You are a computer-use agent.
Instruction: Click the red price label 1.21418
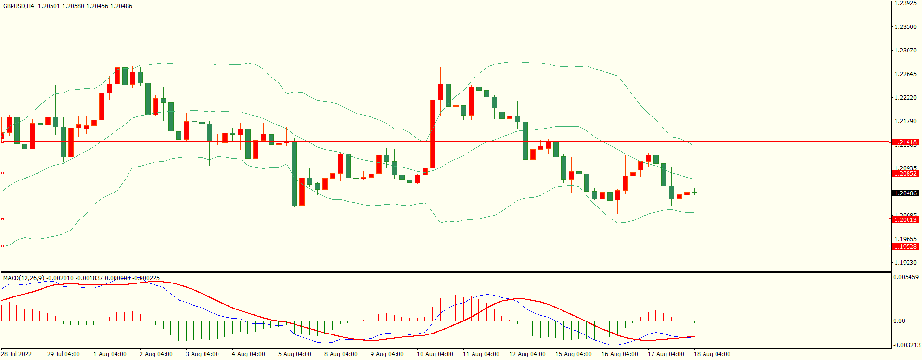(x=905, y=142)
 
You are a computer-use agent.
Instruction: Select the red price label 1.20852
(x=905, y=173)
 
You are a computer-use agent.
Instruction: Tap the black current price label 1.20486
(x=905, y=193)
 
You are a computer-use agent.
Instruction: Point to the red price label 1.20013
(x=905, y=219)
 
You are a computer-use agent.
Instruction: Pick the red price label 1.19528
(x=905, y=246)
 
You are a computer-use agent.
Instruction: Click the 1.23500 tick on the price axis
(x=905, y=27)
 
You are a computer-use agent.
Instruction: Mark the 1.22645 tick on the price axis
(x=905, y=74)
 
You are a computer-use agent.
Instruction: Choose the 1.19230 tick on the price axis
(x=905, y=263)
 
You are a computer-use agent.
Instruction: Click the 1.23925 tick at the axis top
(x=905, y=3)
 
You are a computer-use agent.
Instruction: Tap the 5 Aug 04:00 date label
(x=295, y=354)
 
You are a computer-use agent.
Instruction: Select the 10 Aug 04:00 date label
(x=435, y=354)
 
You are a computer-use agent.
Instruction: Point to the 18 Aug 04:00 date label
(x=712, y=354)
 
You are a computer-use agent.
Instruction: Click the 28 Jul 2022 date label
(x=16, y=354)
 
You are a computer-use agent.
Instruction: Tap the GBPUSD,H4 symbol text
(x=19, y=6)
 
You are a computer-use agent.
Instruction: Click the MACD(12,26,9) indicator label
(x=24, y=278)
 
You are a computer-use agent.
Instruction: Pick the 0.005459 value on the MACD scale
(x=905, y=277)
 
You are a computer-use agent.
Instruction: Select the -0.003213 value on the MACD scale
(x=905, y=345)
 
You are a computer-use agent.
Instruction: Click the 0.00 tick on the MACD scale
(x=899, y=321)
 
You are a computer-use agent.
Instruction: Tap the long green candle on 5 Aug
(x=294, y=173)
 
